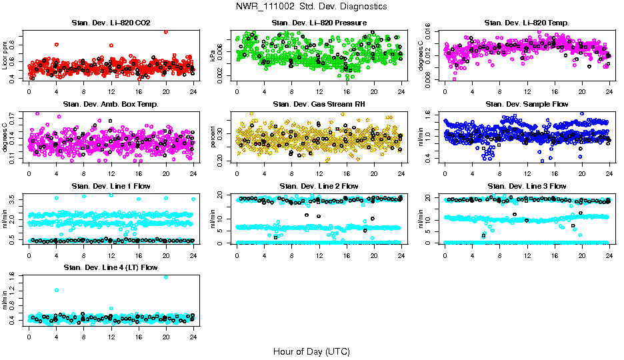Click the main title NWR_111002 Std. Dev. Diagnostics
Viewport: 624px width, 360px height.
click(311, 7)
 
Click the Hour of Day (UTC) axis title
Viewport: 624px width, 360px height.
click(311, 351)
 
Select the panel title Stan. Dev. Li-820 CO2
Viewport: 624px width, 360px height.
click(111, 23)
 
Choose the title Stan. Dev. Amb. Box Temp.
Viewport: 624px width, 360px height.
click(111, 104)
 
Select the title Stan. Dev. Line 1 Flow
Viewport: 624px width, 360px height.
click(111, 186)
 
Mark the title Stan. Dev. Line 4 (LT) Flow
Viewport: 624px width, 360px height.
click(111, 267)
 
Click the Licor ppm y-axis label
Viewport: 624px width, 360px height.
click(5, 56)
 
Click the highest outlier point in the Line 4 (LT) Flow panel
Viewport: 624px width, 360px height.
click(165, 277)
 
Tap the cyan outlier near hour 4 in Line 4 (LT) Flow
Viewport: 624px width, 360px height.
click(56, 290)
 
